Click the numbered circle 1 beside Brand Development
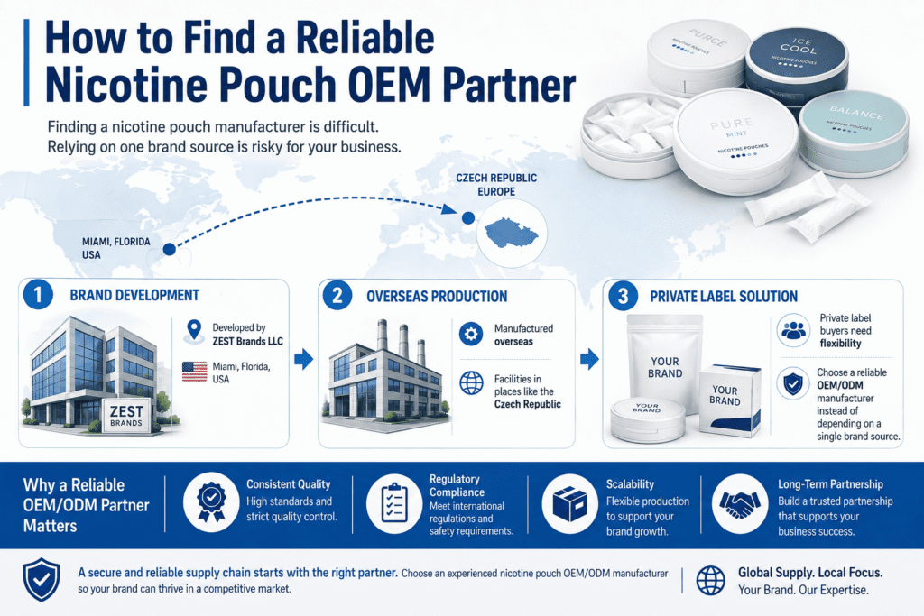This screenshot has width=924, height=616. click(x=38, y=294)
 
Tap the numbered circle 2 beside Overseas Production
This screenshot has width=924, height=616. click(x=337, y=295)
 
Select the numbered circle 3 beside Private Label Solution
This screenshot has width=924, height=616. click(x=623, y=296)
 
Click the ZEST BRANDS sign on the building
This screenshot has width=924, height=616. click(x=126, y=415)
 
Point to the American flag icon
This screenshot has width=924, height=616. click(x=195, y=372)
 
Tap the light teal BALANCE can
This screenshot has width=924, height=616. click(x=854, y=133)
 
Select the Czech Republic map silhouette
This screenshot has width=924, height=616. click(x=511, y=233)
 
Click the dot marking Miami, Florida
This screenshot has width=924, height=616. click(x=169, y=249)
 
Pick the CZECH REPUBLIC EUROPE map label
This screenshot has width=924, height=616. click(x=496, y=184)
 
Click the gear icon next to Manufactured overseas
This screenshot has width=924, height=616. click(x=471, y=335)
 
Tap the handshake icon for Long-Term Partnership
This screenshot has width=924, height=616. click(x=740, y=504)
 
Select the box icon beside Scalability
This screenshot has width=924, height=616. click(x=570, y=505)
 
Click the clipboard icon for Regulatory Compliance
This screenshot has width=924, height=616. click(x=394, y=504)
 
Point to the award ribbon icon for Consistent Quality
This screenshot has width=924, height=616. click(x=211, y=502)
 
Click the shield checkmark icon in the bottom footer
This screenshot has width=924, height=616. click(x=42, y=580)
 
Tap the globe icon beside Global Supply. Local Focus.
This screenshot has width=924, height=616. click(x=711, y=581)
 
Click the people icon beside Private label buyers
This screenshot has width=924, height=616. click(x=793, y=330)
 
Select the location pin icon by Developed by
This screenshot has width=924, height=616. click(x=194, y=332)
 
